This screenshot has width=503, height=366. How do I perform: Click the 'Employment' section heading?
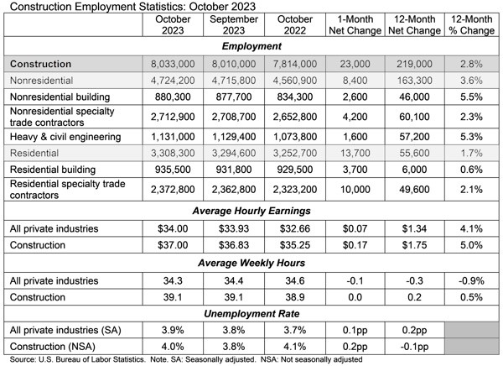(x=251, y=47)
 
